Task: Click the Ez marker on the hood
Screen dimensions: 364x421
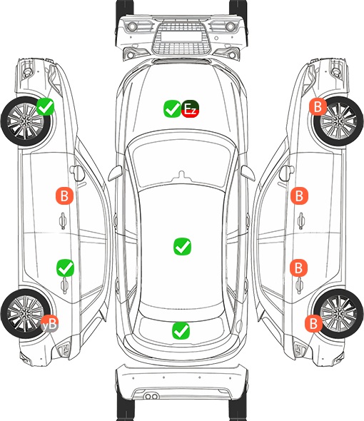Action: [190, 108]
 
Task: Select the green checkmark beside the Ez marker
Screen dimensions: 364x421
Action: [172, 108]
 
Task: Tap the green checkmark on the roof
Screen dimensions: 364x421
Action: [183, 246]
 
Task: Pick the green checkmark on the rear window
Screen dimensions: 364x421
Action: [181, 330]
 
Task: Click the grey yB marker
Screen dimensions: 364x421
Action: [50, 323]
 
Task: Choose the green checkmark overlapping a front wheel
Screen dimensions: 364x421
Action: [46, 107]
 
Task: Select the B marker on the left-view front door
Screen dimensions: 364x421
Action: [64, 196]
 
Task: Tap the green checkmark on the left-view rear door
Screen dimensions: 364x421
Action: [65, 268]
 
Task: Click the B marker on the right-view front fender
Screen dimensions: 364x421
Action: [318, 106]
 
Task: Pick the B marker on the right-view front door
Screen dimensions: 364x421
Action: [299, 196]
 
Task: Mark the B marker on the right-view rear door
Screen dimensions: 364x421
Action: [299, 268]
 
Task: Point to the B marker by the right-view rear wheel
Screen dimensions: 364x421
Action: [313, 323]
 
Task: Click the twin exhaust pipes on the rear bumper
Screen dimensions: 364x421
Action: [151, 396]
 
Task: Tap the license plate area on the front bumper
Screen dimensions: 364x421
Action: [181, 36]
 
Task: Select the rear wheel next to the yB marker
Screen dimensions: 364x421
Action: [26, 313]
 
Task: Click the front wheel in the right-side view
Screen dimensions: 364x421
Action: [338, 121]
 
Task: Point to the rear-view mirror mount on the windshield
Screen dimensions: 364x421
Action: [182, 176]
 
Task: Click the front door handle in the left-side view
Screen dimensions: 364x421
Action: [63, 220]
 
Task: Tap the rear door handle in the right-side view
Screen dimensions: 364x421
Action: [300, 285]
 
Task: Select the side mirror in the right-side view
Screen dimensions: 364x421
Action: [285, 173]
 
